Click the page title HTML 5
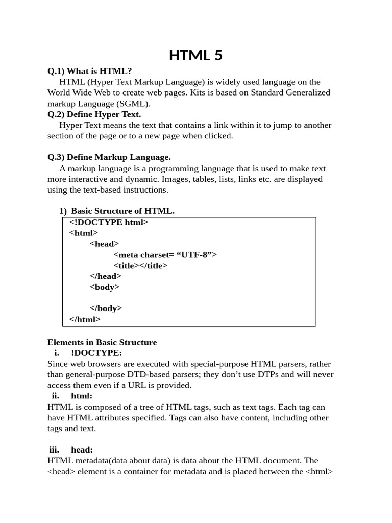pyautogui.click(x=195, y=55)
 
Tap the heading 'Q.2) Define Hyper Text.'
pyautogui.click(x=94, y=114)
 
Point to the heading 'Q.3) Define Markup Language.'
pyautogui.click(x=109, y=157)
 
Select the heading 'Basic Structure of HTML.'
pyautogui.click(x=122, y=211)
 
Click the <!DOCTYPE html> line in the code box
pyautogui.click(x=109, y=222)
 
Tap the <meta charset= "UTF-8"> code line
pyautogui.click(x=165, y=254)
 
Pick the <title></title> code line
pyautogui.click(x=140, y=265)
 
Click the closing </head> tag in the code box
pyautogui.click(x=106, y=276)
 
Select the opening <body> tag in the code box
pyautogui.click(x=105, y=287)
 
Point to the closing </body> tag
pyautogui.click(x=106, y=308)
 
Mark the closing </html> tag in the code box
pyautogui.click(x=85, y=319)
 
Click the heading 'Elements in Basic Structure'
pyautogui.click(x=102, y=342)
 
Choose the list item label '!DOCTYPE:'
pyautogui.click(x=96, y=353)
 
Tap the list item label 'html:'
pyautogui.click(x=82, y=396)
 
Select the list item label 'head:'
pyautogui.click(x=82, y=450)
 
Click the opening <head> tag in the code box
pyautogui.click(x=104, y=244)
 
